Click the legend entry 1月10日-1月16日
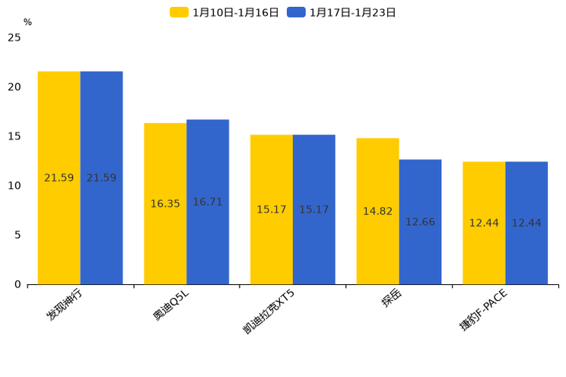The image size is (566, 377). point(225,12)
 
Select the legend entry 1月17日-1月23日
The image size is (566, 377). point(342,12)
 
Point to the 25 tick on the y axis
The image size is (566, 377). point(14,37)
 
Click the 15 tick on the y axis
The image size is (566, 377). point(14,136)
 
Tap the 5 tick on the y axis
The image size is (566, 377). point(17,235)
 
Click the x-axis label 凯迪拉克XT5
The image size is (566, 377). point(268,312)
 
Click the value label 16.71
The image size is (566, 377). point(208,202)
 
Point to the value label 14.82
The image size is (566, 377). point(377,211)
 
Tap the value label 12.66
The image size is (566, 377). point(420,222)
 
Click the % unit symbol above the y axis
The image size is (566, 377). point(27,23)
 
